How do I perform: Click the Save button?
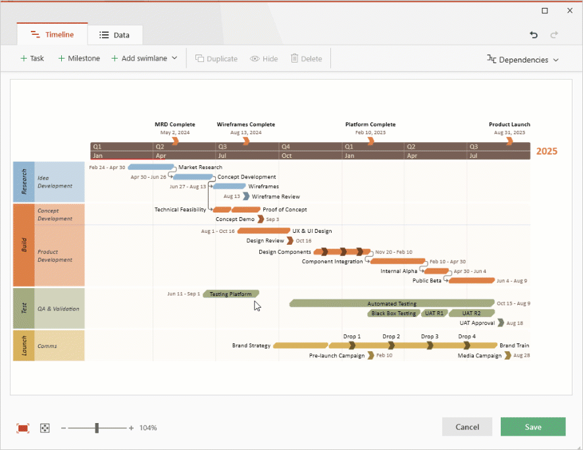(532, 427)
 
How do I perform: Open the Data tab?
(114, 35)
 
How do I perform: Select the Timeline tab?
(52, 35)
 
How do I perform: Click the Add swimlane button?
(144, 59)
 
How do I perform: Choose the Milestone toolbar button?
(79, 59)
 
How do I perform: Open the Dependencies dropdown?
(522, 60)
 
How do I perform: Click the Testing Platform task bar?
(231, 294)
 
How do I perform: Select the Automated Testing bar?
(392, 304)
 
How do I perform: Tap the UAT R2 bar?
(471, 313)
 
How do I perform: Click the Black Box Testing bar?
(393, 313)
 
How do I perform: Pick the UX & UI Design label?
(312, 231)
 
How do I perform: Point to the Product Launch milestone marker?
(509, 141)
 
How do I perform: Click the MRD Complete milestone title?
(175, 124)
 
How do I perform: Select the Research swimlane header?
(24, 182)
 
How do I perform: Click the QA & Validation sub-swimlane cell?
(59, 309)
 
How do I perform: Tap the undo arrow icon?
(534, 35)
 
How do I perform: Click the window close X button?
(570, 11)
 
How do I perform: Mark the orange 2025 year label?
(546, 151)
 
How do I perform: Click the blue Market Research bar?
(151, 167)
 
